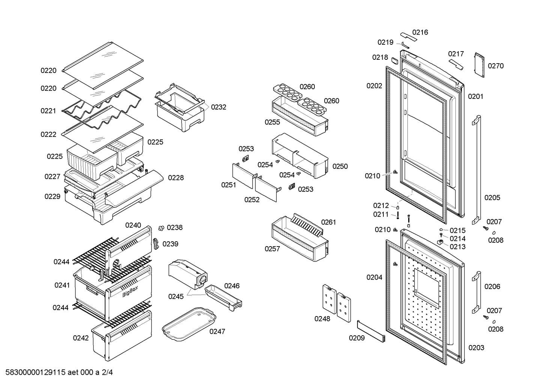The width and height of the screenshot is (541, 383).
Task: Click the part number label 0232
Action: (x=218, y=107)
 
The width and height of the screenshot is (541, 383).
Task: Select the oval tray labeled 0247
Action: (x=189, y=325)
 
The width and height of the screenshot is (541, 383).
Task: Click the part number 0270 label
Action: (x=496, y=66)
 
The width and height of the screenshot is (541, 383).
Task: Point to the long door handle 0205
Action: (x=476, y=169)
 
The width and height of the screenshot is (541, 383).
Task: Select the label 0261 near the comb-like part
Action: (x=328, y=222)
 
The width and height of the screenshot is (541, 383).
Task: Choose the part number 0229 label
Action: (x=52, y=197)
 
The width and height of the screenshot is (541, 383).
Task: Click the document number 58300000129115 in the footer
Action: (x=36, y=372)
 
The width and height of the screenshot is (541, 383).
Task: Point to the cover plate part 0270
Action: (x=479, y=65)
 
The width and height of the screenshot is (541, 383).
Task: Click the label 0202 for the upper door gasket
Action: (x=374, y=86)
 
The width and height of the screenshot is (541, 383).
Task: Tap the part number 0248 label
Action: (x=322, y=319)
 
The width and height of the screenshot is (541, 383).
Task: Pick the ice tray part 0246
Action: (x=223, y=297)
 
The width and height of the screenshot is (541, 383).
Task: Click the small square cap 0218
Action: (x=395, y=59)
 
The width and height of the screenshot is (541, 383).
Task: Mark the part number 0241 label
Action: (x=62, y=285)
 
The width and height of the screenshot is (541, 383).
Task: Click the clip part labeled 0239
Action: (x=156, y=243)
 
